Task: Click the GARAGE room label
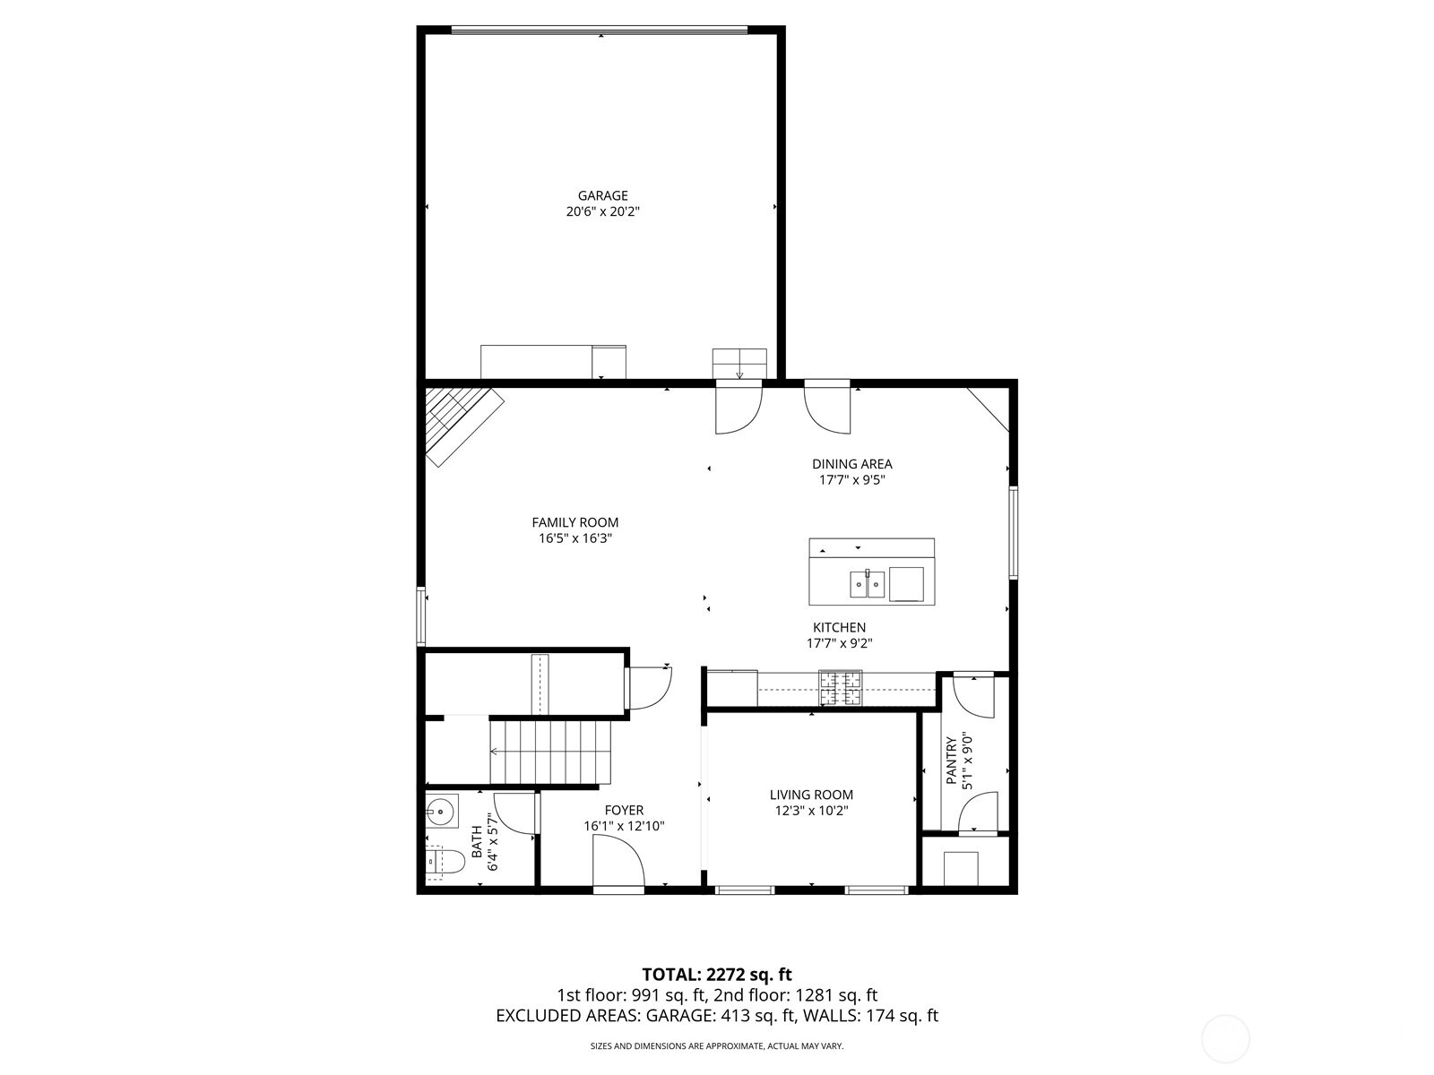pos(602,195)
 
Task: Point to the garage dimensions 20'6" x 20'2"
pos(602,211)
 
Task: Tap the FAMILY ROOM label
pos(574,522)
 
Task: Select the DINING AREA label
pos(852,464)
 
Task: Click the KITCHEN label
pos(839,627)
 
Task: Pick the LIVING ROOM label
pos(811,795)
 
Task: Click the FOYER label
pos(624,810)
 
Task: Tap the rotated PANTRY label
pos(951,761)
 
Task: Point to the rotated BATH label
pos(477,842)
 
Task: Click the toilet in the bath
pos(445,862)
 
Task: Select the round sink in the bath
pos(441,813)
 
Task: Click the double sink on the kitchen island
pos(867,583)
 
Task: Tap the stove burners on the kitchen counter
pos(841,688)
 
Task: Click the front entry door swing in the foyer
pos(618,860)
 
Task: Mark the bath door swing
pos(514,813)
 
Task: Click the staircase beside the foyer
pos(550,752)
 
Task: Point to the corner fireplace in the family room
pos(464,427)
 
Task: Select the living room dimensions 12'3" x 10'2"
pos(811,811)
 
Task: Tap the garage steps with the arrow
pos(739,364)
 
